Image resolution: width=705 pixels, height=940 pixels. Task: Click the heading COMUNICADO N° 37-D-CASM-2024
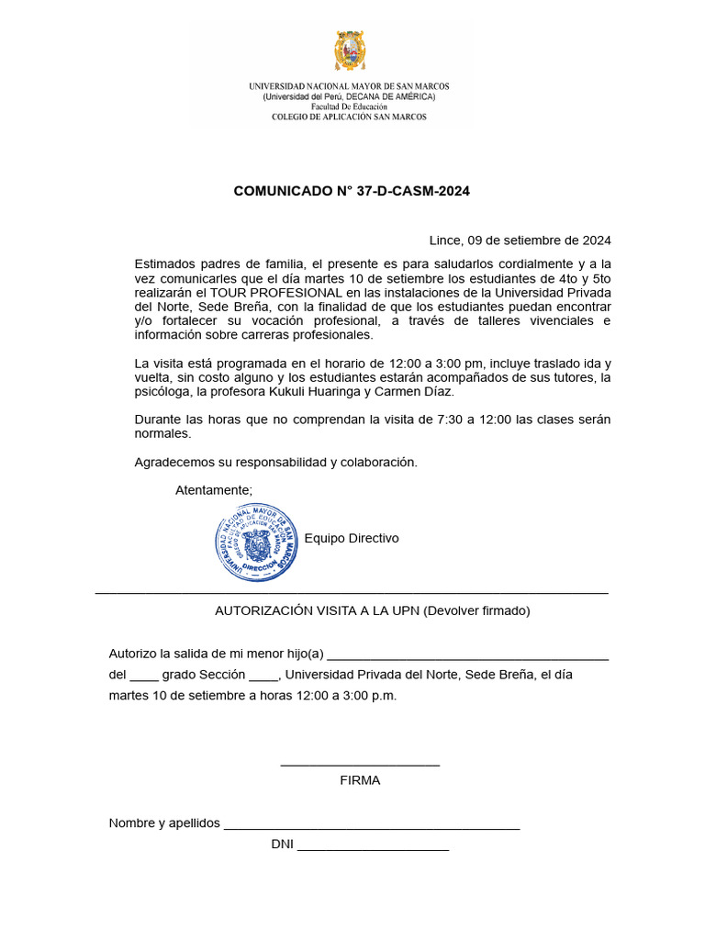(352, 191)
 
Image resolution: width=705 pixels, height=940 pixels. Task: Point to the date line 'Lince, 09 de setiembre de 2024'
(520, 241)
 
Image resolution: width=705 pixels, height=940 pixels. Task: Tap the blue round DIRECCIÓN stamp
(257, 542)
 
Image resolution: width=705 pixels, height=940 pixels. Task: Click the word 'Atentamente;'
(214, 489)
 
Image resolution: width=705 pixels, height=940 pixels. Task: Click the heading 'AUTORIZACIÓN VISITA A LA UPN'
(317, 610)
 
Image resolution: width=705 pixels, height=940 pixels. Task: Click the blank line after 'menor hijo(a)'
(467, 655)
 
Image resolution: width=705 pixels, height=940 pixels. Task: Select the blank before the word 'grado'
(144, 676)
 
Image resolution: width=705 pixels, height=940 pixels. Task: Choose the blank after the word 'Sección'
(263, 676)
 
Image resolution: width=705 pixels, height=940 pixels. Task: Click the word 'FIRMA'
(360, 780)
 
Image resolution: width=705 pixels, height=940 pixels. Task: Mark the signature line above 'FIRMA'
(360, 764)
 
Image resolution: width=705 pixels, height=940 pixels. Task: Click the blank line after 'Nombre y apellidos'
(372, 824)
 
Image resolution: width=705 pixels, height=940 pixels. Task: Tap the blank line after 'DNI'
(373, 845)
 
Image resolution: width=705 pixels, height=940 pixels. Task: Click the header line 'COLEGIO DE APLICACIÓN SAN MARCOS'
(350, 117)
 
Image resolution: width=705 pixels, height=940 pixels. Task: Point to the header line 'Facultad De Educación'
(350, 106)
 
